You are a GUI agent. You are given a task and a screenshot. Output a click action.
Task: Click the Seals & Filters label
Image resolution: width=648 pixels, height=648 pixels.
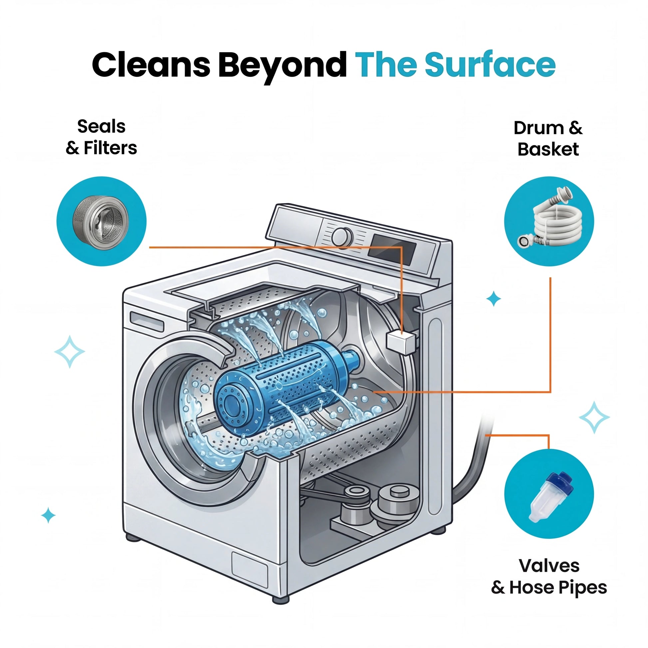pyautogui.click(x=101, y=137)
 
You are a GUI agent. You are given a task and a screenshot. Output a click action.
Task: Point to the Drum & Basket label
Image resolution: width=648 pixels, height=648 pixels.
pyautogui.click(x=548, y=139)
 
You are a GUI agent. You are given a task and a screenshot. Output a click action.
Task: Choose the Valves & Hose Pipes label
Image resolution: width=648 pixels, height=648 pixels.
pyautogui.click(x=549, y=576)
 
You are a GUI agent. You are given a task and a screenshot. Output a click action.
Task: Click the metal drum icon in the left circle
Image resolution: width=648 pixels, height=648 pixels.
pyautogui.click(x=101, y=222)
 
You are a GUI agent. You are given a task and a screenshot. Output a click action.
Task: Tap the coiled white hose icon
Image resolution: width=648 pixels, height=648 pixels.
pyautogui.click(x=549, y=222)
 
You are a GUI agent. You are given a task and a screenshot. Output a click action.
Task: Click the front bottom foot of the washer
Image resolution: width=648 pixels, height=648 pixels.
pyautogui.click(x=280, y=599)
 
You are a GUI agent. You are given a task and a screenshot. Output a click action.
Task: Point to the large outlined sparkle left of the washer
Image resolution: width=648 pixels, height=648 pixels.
pyautogui.click(x=69, y=352)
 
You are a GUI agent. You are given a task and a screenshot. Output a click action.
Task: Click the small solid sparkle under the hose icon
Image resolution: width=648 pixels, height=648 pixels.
pyautogui.click(x=493, y=298)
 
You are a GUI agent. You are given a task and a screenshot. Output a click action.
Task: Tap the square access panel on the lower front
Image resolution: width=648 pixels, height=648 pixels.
pyautogui.click(x=250, y=570)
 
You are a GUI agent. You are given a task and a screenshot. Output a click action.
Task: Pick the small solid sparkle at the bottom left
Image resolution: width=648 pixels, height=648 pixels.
pyautogui.click(x=48, y=515)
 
